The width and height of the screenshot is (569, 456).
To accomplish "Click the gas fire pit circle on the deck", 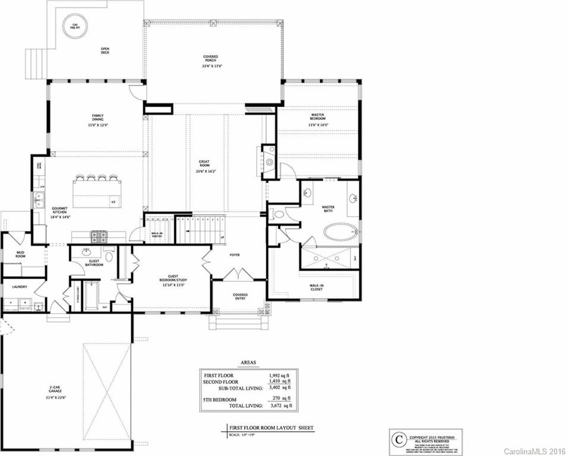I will [75, 26].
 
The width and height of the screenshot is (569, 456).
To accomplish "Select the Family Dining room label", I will [98, 121].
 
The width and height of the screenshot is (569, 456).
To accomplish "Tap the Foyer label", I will [235, 255].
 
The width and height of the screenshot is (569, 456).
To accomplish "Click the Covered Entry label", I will [241, 297].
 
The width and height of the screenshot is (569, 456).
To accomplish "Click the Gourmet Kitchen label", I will [60, 212].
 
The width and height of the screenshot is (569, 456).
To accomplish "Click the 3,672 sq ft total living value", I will [280, 406].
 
